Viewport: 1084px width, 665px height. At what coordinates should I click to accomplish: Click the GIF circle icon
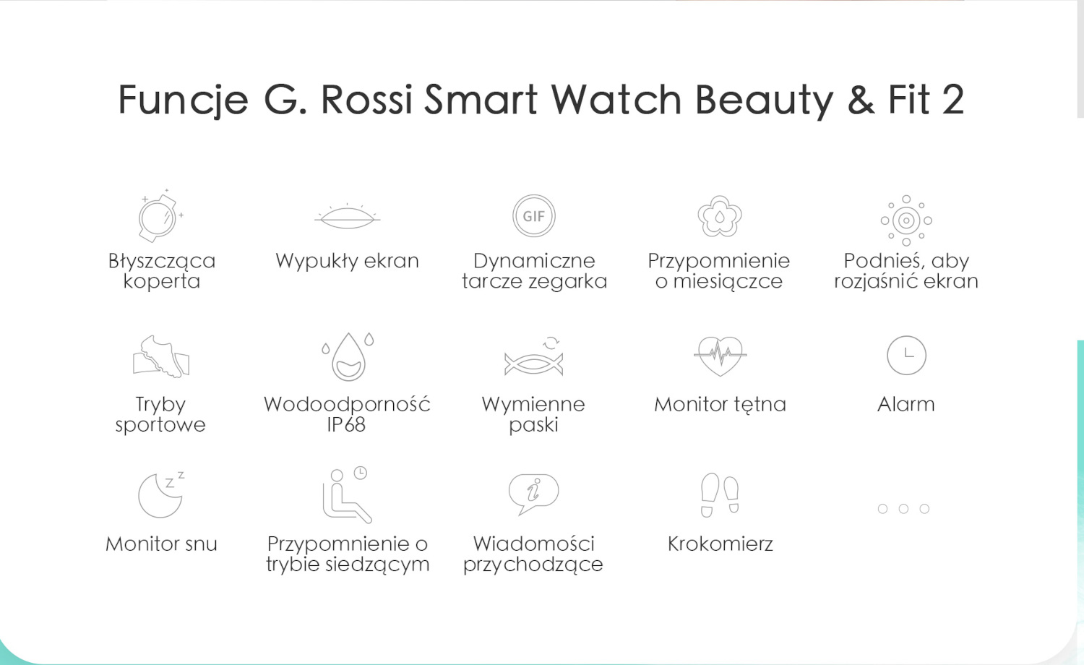pyautogui.click(x=534, y=216)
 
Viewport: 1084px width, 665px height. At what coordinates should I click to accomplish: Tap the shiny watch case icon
pyautogui.click(x=160, y=216)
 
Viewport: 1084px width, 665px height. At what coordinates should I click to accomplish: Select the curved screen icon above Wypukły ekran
pyautogui.click(x=347, y=216)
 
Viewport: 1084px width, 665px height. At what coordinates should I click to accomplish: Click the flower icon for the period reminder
pyautogui.click(x=720, y=216)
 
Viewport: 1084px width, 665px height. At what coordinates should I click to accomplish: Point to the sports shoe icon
pyautogui.click(x=161, y=356)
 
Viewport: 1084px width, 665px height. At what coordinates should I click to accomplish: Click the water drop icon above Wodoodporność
pyautogui.click(x=348, y=356)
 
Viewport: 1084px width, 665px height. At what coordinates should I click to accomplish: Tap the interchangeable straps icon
pyautogui.click(x=534, y=357)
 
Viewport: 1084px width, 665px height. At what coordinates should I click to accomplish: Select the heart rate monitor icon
pyautogui.click(x=720, y=356)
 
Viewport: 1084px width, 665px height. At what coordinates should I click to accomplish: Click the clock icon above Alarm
pyautogui.click(x=906, y=355)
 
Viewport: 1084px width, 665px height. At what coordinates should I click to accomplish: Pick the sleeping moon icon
pyautogui.click(x=161, y=494)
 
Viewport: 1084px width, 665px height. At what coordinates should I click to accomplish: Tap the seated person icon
pyautogui.click(x=347, y=494)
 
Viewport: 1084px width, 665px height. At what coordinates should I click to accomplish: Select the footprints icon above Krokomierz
pyautogui.click(x=720, y=494)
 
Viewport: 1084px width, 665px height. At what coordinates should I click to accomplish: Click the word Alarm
pyautogui.click(x=906, y=404)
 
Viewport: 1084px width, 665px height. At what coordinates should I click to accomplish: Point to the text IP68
pyautogui.click(x=346, y=424)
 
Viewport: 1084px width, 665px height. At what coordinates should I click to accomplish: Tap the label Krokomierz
pyautogui.click(x=720, y=544)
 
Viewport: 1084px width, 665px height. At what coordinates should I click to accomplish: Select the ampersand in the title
pyautogui.click(x=861, y=100)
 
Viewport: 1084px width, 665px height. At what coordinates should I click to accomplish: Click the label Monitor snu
pyautogui.click(x=161, y=544)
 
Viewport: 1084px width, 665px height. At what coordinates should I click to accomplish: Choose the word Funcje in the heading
pyautogui.click(x=184, y=100)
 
